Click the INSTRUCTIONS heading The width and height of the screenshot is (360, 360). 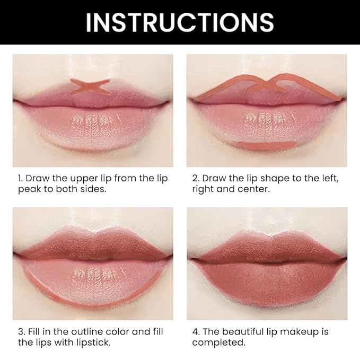180,22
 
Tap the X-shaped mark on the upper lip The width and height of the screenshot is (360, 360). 91,86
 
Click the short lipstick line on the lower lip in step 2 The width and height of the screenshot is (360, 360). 264,145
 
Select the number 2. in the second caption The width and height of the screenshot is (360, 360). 196,178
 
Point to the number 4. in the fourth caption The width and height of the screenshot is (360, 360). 196,332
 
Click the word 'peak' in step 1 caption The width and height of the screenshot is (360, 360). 24,189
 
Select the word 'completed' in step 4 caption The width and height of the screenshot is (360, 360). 218,343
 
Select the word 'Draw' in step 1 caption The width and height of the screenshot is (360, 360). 37,178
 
